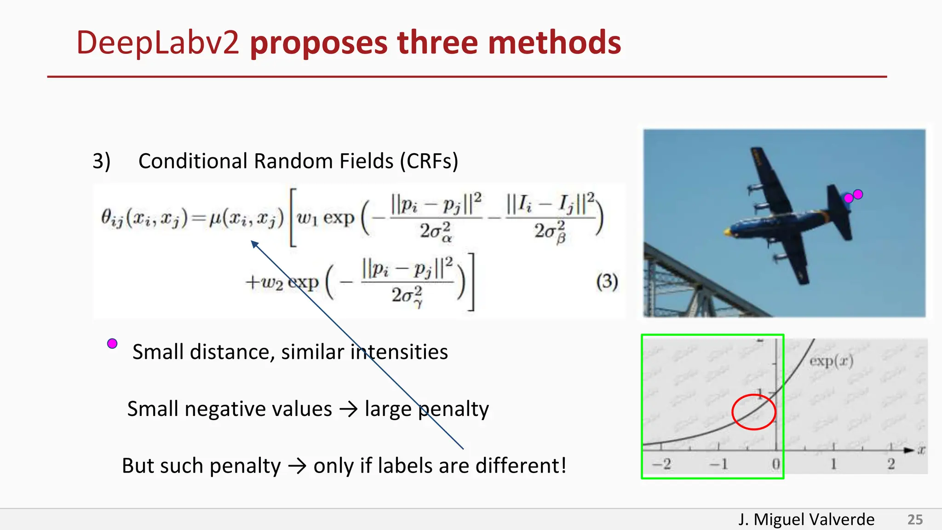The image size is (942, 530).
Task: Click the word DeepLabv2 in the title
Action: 157,43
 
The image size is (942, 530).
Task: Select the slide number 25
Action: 915,519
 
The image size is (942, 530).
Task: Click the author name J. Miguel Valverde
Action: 806,519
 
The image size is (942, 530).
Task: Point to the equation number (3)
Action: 607,282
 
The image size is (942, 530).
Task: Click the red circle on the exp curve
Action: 753,412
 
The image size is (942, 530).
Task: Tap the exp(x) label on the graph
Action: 831,361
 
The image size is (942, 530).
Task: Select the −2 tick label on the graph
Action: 661,464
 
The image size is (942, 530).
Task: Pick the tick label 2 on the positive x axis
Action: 891,464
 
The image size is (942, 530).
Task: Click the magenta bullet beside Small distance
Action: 112,344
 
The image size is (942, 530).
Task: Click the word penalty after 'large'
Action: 454,409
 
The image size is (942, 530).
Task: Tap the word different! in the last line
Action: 521,466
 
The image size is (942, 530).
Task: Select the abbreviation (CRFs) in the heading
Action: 429,161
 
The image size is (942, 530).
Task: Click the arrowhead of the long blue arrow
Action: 254,244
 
